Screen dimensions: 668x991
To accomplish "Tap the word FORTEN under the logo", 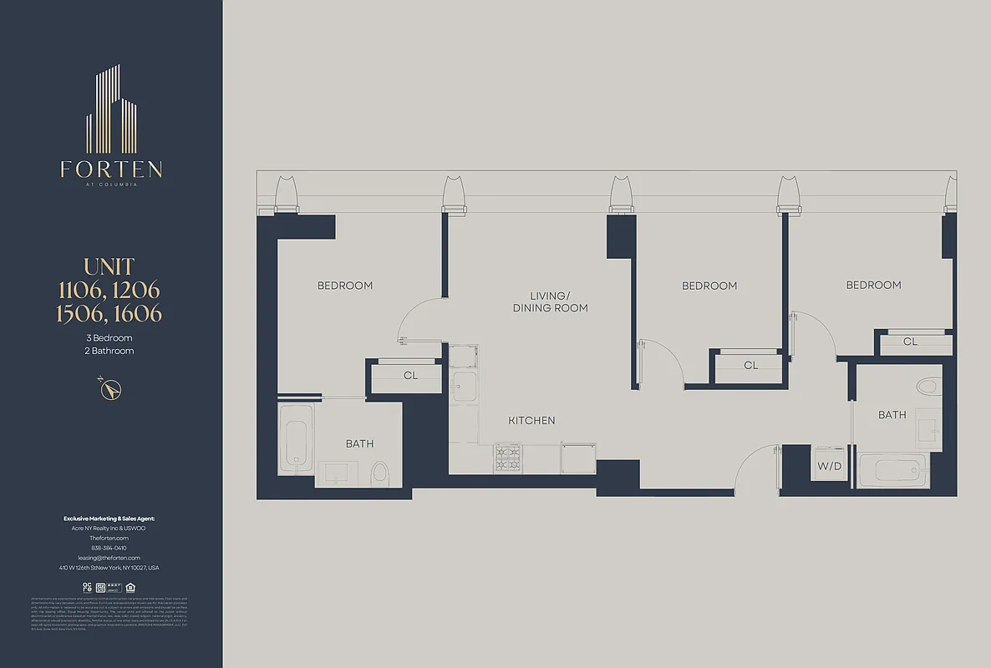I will click(x=111, y=170).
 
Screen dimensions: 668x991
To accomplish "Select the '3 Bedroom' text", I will click(x=109, y=338).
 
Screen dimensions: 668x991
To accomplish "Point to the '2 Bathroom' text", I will click(x=109, y=352).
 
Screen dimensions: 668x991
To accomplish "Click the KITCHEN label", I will click(x=531, y=421).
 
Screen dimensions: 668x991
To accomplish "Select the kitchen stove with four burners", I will click(x=508, y=458).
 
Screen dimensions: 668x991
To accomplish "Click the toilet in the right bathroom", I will click(x=927, y=387).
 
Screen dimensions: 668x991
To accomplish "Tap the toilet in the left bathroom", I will click(x=379, y=473).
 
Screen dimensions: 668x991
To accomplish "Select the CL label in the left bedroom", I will click(x=410, y=376).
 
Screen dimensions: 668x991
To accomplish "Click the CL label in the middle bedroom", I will click(x=750, y=365).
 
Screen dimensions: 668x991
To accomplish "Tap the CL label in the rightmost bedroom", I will click(x=910, y=342).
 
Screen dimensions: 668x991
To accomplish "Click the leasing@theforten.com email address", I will click(x=109, y=557).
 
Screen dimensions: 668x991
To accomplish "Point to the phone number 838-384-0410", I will click(x=109, y=548).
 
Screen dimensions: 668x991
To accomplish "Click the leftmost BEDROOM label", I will click(x=344, y=286).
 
